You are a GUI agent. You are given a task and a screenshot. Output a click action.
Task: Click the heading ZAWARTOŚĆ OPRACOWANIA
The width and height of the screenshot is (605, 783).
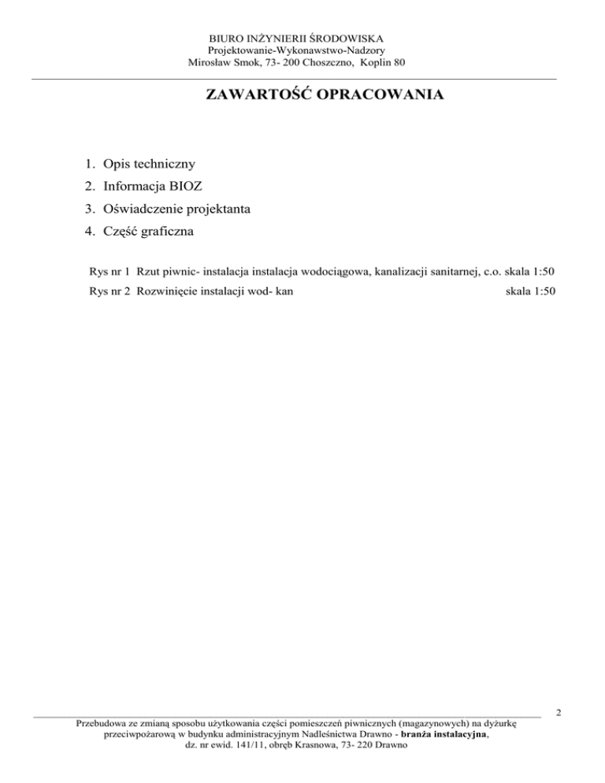(324, 96)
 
